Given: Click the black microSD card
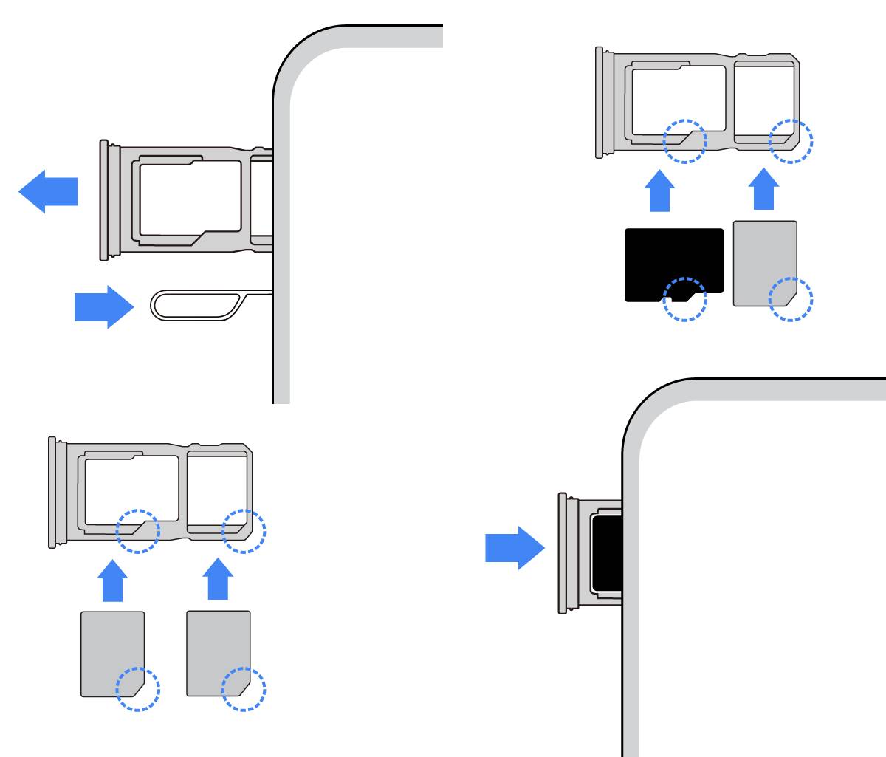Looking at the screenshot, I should point(673,262).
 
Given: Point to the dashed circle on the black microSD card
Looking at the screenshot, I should point(684,299).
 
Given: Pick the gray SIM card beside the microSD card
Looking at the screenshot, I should point(765,262).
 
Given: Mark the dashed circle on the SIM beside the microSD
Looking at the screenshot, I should point(791,299).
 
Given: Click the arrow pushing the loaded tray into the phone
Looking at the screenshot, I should point(514,547).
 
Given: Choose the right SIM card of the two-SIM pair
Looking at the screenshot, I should point(218,653).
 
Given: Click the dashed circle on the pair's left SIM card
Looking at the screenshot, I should point(138,688).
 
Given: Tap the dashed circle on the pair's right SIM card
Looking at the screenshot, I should point(244,688).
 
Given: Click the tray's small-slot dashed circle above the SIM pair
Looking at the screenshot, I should point(244,530).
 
